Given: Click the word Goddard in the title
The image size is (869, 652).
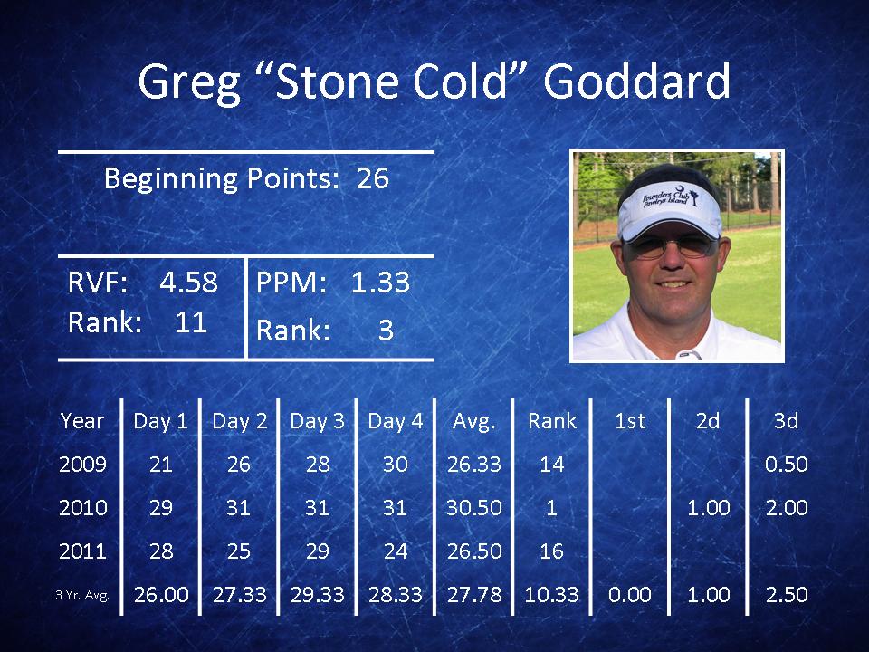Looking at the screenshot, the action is [x=636, y=81].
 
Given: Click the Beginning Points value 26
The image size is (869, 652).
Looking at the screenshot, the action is [x=372, y=178].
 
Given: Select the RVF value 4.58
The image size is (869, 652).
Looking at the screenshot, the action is [x=188, y=283].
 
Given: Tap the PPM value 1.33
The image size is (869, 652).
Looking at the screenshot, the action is [x=380, y=283].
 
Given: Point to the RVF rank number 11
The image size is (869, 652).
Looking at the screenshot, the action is [x=191, y=322].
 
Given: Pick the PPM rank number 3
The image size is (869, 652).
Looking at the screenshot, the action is [x=386, y=331].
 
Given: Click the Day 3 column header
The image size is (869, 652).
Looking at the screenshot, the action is [x=317, y=421].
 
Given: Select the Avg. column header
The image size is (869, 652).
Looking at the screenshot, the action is [x=473, y=422].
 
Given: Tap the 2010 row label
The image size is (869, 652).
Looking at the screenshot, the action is [x=83, y=508].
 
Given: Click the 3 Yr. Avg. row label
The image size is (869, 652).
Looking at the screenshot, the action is [x=82, y=596].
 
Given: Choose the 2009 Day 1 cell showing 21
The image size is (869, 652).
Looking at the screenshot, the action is [x=161, y=465].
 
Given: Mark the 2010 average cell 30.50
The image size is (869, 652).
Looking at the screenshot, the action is [x=473, y=508].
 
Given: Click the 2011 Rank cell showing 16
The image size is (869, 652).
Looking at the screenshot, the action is [x=551, y=551].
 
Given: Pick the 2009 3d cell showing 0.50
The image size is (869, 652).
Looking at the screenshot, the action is [x=787, y=465].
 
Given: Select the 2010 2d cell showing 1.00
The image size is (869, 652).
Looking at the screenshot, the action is [x=708, y=508].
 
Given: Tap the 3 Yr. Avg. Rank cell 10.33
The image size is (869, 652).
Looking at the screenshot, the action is [x=551, y=595].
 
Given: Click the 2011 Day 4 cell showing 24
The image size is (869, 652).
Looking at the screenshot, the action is [x=396, y=551].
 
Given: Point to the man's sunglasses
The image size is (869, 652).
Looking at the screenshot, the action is [x=672, y=246].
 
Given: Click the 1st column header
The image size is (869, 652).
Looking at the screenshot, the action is [x=630, y=421].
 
